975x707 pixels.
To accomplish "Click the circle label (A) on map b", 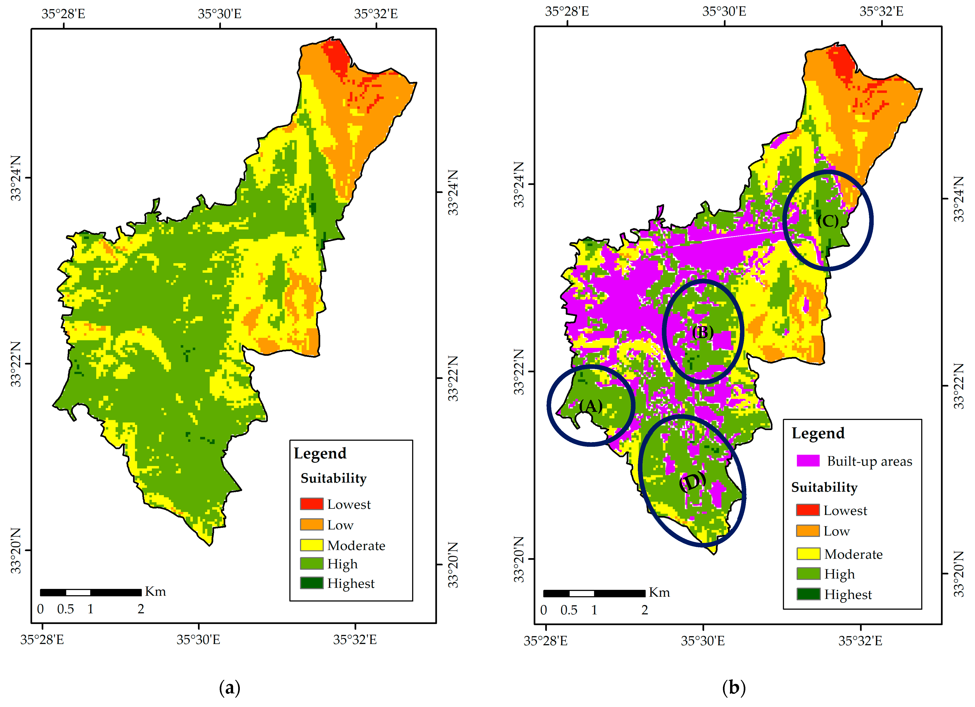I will click(x=591, y=406).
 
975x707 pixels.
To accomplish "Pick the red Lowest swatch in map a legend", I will click(x=312, y=504).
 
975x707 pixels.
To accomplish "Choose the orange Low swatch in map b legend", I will click(x=808, y=531).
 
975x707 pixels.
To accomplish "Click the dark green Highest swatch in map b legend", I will click(x=808, y=594).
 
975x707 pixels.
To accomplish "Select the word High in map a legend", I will click(x=342, y=564).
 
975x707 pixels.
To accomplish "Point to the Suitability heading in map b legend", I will click(x=824, y=487).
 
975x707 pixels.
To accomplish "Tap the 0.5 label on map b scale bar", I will click(x=569, y=610).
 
